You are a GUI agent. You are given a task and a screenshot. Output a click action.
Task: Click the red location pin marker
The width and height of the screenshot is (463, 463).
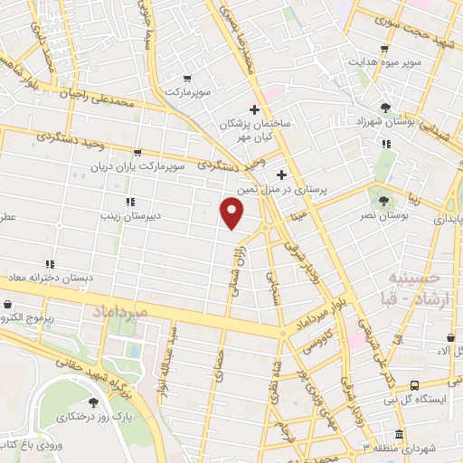232,213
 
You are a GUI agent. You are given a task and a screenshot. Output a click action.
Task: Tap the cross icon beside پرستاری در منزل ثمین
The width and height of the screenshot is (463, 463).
281,175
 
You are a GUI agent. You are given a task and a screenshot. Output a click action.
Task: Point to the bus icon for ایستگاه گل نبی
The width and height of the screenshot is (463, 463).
414,384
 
